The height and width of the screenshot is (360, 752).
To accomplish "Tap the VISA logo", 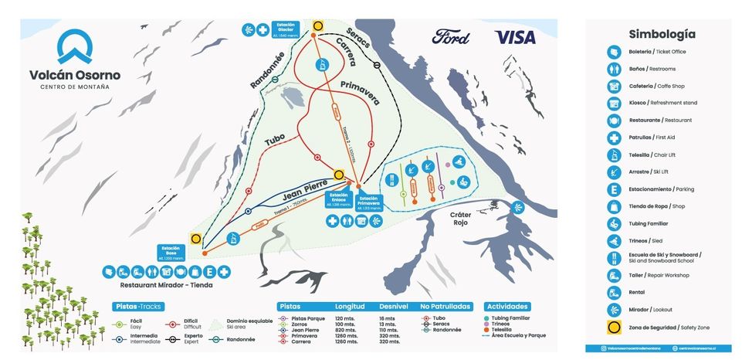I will tap(515, 36).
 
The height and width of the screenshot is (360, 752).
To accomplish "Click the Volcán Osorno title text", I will tap(75, 75).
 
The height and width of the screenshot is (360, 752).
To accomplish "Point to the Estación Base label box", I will tap(172, 252).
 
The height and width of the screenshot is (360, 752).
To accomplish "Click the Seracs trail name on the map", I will tap(358, 34).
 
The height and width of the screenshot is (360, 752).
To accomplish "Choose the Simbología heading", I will tap(662, 34).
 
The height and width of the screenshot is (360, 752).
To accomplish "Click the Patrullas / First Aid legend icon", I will tap(613, 138).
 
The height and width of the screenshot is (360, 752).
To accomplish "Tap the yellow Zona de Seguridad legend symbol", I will tap(613, 327).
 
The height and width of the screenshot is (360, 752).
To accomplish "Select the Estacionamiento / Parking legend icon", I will tap(613, 189).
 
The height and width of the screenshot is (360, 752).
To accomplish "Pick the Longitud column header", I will tap(351, 307).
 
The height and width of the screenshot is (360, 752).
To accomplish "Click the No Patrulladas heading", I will tap(445, 307).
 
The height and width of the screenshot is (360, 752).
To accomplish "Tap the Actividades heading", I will tap(507, 307).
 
